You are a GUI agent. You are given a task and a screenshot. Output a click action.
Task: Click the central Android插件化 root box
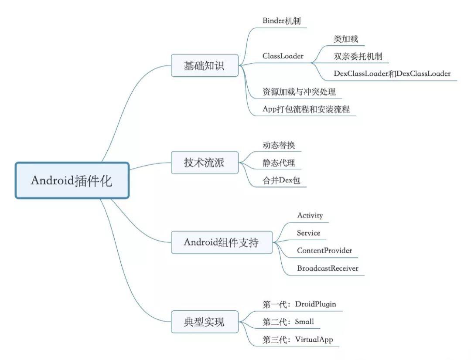coord(72,180)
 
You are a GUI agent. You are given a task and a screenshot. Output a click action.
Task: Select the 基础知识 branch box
coord(205,65)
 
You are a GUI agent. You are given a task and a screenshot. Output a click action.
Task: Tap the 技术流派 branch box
coord(205,163)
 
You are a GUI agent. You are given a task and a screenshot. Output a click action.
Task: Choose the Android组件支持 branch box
coord(222,242)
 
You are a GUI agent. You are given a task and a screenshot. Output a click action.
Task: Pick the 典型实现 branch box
coord(205,322)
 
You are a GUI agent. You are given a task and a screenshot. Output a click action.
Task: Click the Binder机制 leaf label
coord(282,20)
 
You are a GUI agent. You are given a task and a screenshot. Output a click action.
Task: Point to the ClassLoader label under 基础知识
coord(283,56)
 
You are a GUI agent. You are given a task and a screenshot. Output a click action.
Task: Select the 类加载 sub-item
coord(346,39)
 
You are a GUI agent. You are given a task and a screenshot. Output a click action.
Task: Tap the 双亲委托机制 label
coord(358,56)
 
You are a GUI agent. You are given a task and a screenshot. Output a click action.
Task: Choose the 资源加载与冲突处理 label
coord(299,92)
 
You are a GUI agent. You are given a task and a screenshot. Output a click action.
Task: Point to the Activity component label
coord(310,215)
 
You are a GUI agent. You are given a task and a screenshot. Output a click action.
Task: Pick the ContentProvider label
coord(324,251)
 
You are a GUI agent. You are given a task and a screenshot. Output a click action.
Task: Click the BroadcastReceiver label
coord(328,268)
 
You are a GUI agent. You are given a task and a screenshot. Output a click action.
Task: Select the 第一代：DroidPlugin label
coord(299,304)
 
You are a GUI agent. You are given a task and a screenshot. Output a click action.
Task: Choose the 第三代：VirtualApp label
coord(298,339)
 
